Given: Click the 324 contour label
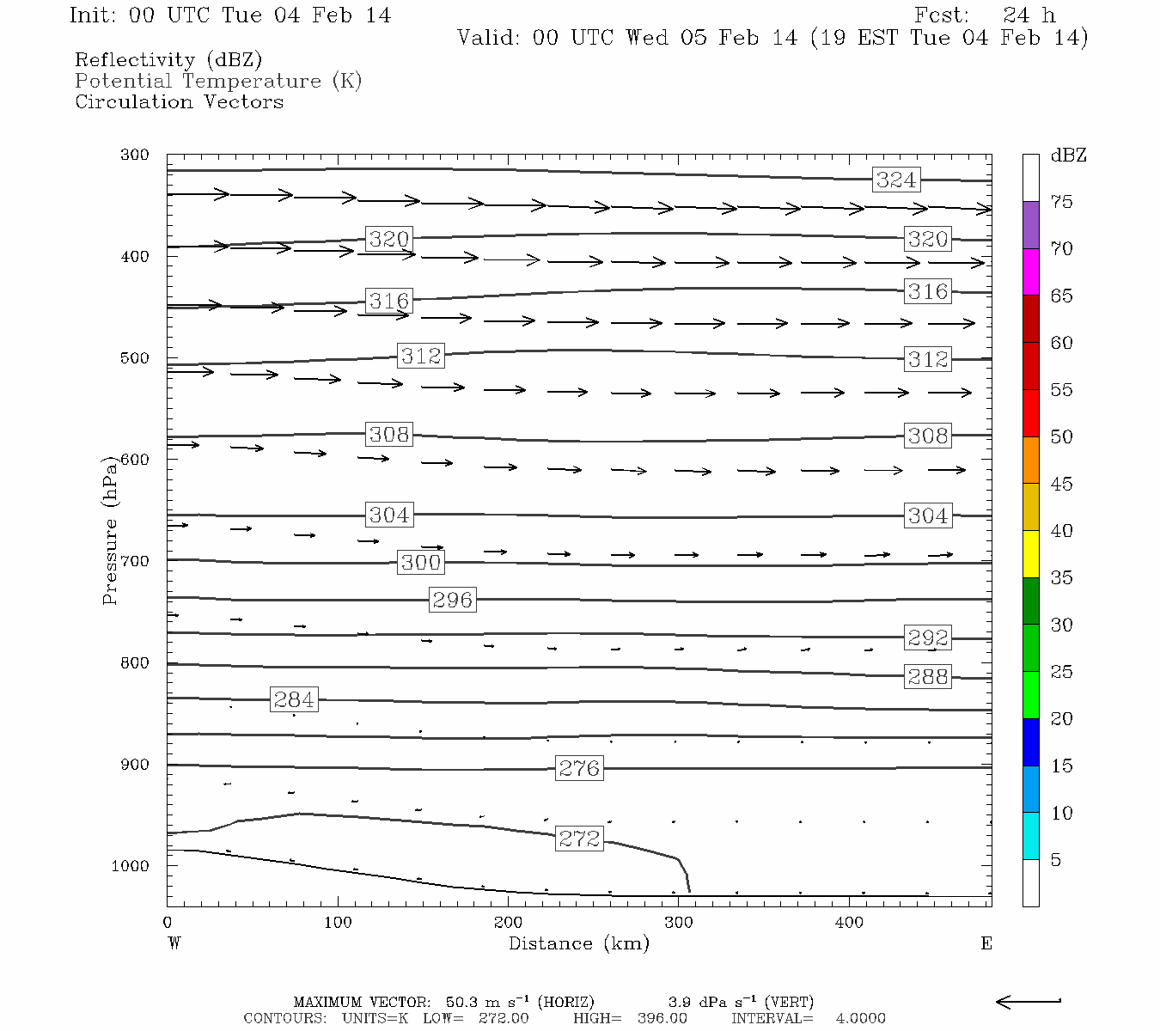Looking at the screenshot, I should (x=896, y=180).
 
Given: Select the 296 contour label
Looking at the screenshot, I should (x=452, y=600).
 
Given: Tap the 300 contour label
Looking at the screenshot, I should (x=421, y=563).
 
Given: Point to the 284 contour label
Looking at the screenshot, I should (x=294, y=699).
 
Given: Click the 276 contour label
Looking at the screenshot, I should (x=579, y=768).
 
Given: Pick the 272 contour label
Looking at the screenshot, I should (x=579, y=839).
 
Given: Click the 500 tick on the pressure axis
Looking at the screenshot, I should (x=135, y=358).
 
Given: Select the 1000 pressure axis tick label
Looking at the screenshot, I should (x=131, y=866).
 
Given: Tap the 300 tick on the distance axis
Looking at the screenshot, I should (x=679, y=923).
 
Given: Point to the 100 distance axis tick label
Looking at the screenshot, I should (x=338, y=923).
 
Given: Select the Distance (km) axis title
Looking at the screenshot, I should (x=578, y=944).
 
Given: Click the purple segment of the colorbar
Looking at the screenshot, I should (x=1030, y=225).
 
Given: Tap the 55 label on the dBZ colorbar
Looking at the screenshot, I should (x=1061, y=390).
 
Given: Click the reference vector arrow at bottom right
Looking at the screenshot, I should (x=1029, y=1001).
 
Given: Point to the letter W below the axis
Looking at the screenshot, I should (x=174, y=943).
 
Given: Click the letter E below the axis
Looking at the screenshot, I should (x=986, y=943).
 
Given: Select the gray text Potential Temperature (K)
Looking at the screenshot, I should (x=218, y=81).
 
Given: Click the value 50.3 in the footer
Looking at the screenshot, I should (x=463, y=1002).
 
